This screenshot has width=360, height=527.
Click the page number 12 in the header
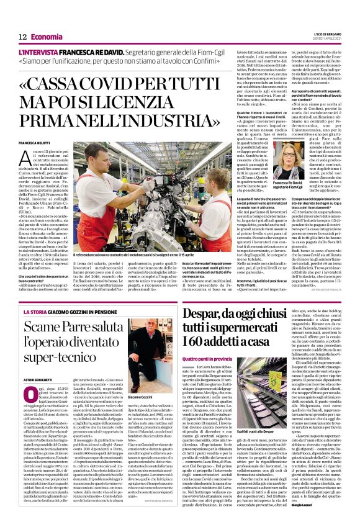pyautogui.click(x=22, y=38)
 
